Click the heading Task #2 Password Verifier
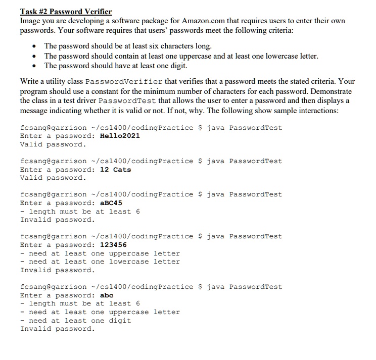click(x=66, y=12)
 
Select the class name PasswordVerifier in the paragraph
click(x=124, y=81)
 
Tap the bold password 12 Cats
click(x=115, y=170)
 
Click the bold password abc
click(x=107, y=295)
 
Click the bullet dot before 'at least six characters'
click(x=33, y=46)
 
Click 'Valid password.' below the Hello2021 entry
click(x=53, y=144)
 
